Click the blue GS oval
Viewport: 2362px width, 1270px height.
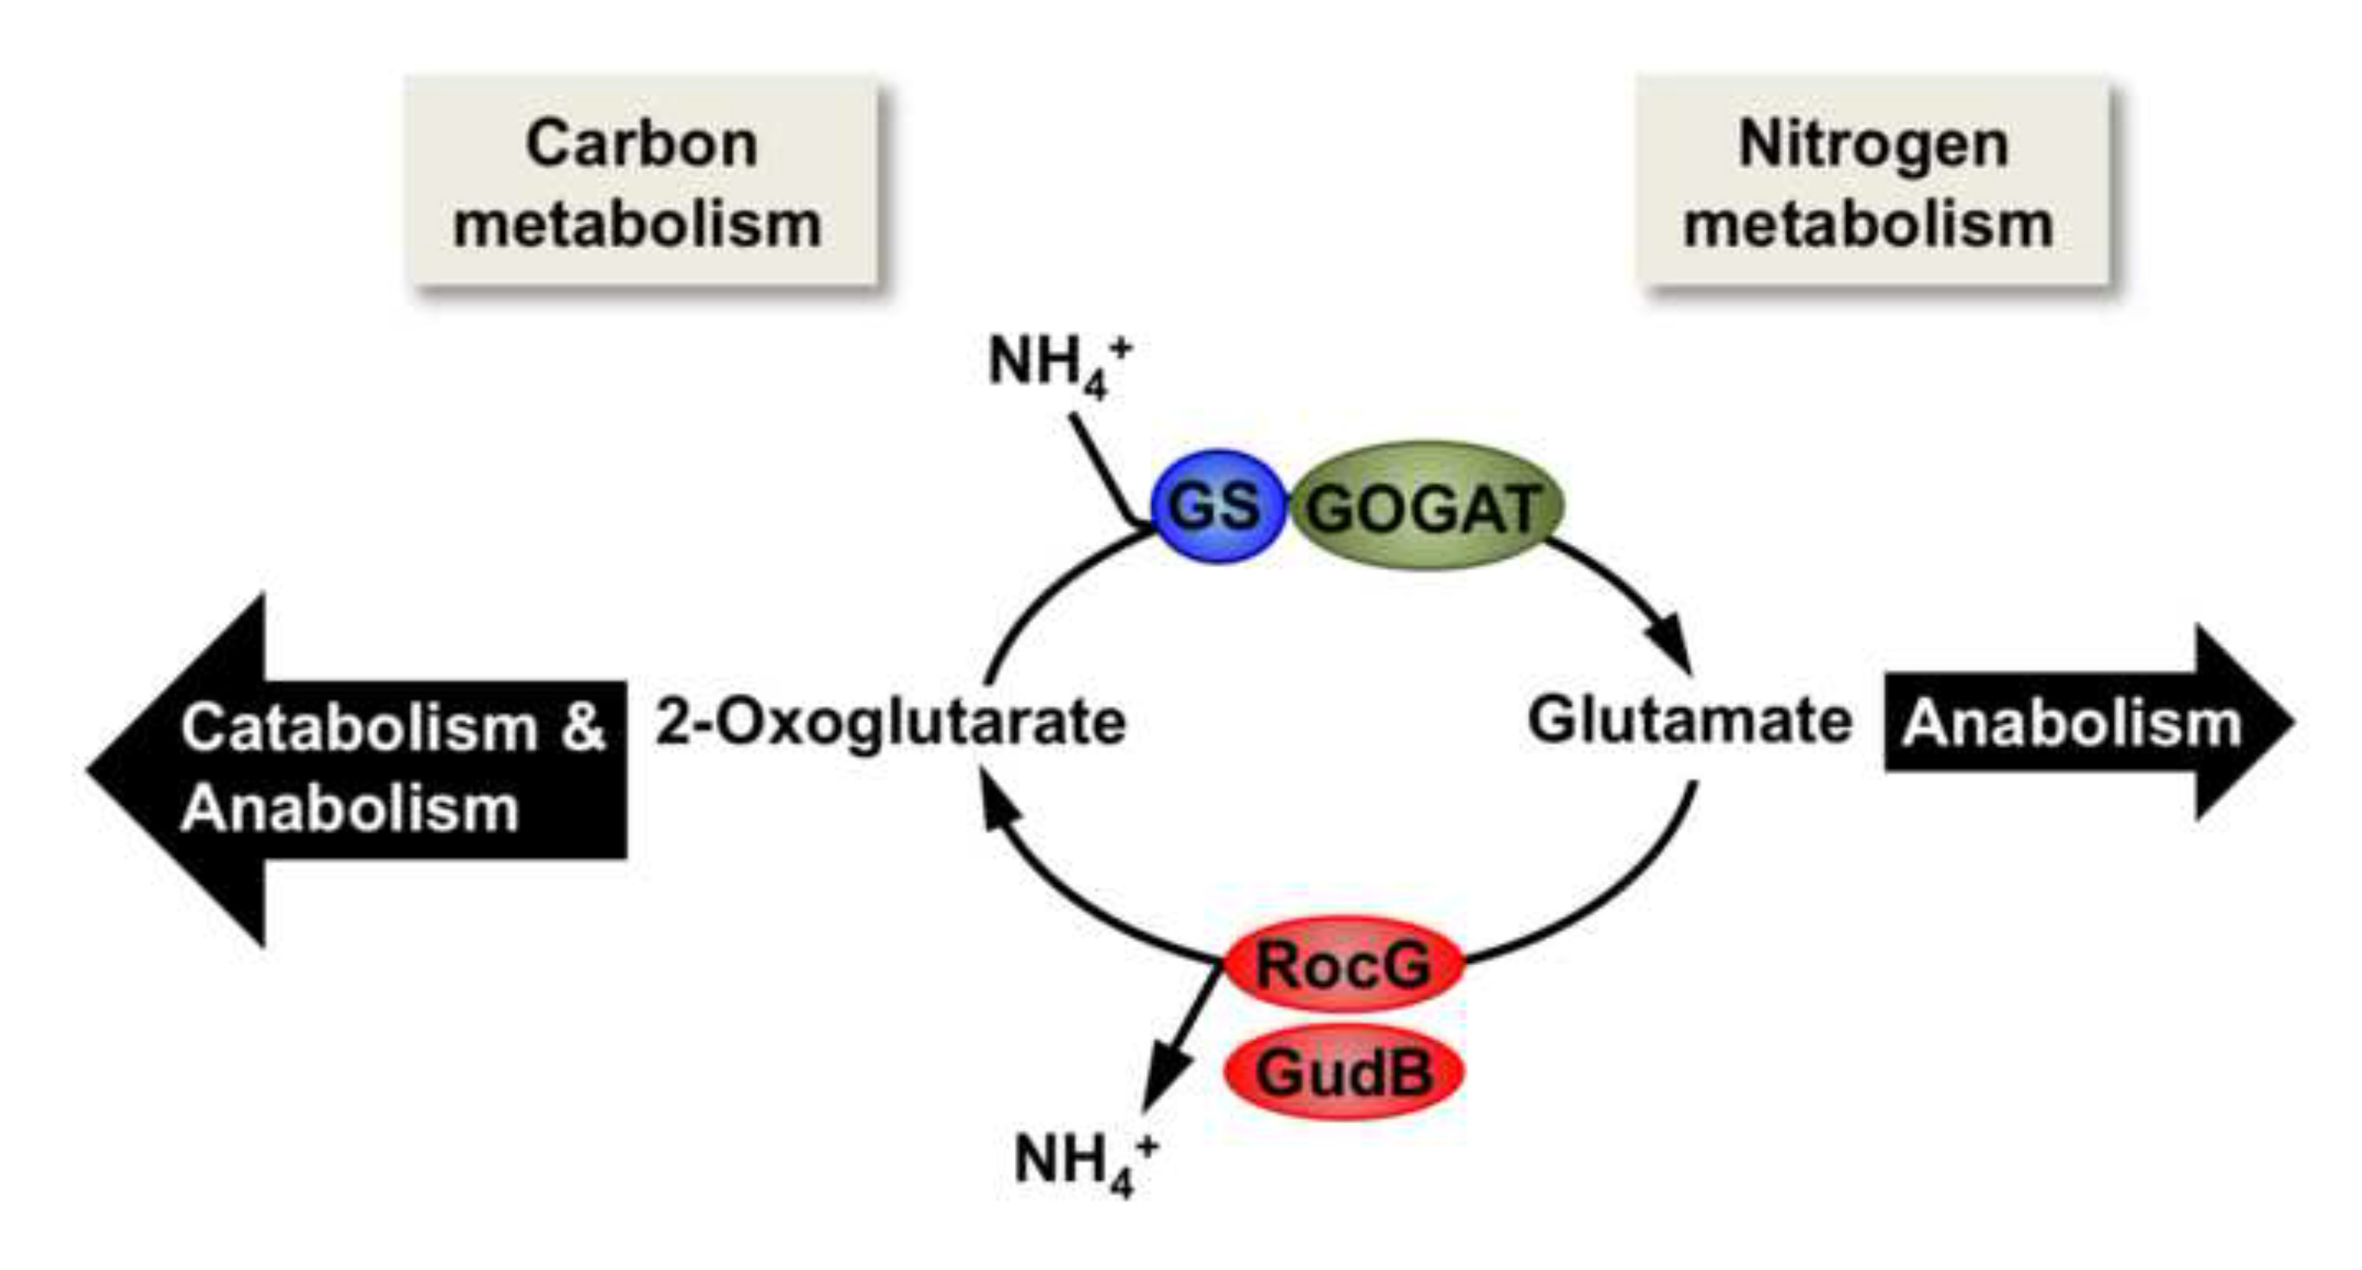click(x=1216, y=506)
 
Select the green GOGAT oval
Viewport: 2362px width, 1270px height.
click(x=1426, y=506)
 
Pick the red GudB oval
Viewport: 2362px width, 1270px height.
click(x=1342, y=1071)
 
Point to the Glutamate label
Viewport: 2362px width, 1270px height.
click(x=1689, y=723)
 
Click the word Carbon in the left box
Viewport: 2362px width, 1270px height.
click(x=641, y=144)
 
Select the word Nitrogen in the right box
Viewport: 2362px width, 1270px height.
click(x=1872, y=144)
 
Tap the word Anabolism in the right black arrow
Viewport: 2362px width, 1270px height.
click(x=2071, y=724)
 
